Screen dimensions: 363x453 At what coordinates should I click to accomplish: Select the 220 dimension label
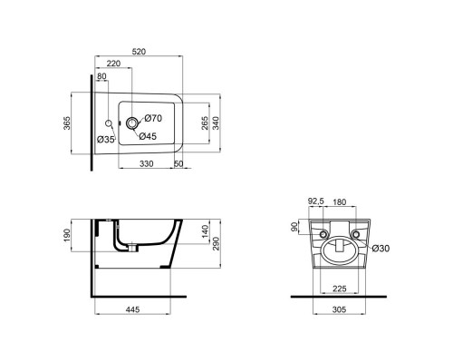113,65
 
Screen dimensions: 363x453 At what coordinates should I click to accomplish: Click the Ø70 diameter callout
153,119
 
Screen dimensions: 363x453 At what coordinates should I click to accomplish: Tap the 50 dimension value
178,164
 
